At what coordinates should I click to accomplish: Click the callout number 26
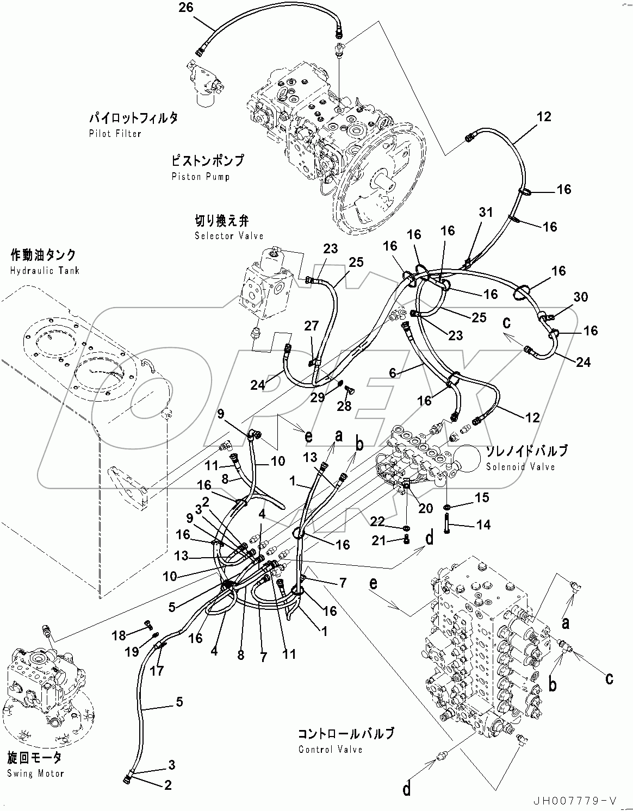(x=187, y=7)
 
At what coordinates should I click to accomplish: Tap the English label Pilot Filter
(x=115, y=134)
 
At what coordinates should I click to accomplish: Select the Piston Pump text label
(x=200, y=177)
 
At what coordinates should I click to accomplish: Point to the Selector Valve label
(x=229, y=236)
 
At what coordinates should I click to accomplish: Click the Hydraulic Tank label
(x=45, y=270)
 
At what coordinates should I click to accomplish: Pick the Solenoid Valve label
(x=520, y=466)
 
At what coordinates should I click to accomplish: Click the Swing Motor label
(x=35, y=773)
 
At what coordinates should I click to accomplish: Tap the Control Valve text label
(x=330, y=750)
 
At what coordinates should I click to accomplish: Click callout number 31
(x=485, y=213)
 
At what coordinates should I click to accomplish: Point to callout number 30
(x=581, y=297)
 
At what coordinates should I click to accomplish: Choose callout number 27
(x=311, y=326)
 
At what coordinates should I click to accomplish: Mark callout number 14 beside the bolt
(x=483, y=525)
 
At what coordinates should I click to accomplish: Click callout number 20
(x=425, y=508)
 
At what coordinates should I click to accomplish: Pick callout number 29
(x=317, y=397)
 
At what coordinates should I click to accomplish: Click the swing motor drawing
(x=44, y=690)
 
